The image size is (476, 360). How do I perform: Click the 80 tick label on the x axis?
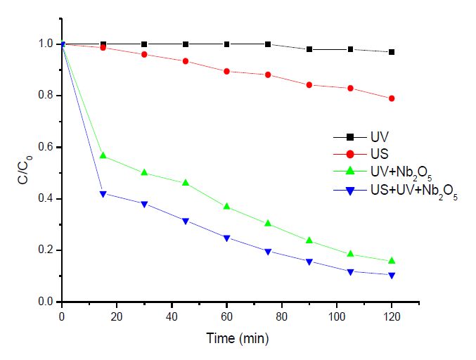281,317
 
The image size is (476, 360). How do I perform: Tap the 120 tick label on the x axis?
392,317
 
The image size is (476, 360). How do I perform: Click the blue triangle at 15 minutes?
103,193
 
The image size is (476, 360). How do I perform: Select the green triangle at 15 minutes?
103,155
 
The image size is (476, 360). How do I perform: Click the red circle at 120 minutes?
392,98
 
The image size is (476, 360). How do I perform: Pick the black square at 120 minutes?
392,52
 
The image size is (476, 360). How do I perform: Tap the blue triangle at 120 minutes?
392,275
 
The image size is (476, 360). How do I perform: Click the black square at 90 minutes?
309,49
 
